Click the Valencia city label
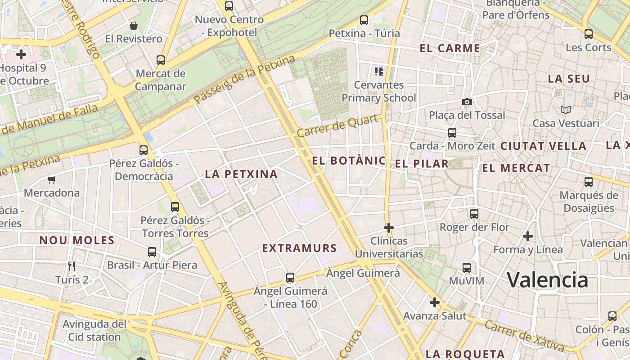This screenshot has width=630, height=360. tap(548, 280)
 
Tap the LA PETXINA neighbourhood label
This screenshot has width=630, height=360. tap(241, 174)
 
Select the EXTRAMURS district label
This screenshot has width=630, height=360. tap(299, 248)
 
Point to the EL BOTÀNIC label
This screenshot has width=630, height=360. tap(349, 161)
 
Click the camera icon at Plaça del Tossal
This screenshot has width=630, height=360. tap(467, 102)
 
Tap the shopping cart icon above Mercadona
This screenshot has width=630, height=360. tap(52, 180)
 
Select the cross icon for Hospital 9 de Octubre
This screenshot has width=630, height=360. tap(21, 55)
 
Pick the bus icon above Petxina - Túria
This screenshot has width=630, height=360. tap(364, 20)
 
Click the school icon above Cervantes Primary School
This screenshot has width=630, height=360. tap(378, 71)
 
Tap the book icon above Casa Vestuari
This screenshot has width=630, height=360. tap(566, 110)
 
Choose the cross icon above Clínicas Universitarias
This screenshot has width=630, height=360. tap(389, 228)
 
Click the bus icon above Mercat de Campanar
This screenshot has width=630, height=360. tap(161, 60)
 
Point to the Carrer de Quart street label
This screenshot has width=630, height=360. tap(337, 126)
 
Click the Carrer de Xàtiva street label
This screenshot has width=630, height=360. tap(524, 336)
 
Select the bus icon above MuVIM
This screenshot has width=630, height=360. tap(467, 268)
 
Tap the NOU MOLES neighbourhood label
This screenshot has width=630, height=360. tap(77, 240)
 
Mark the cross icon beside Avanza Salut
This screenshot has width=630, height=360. tap(434, 302)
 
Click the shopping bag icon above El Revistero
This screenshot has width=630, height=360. tap(134, 26)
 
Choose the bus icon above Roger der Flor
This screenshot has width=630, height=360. tap(474, 214)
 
